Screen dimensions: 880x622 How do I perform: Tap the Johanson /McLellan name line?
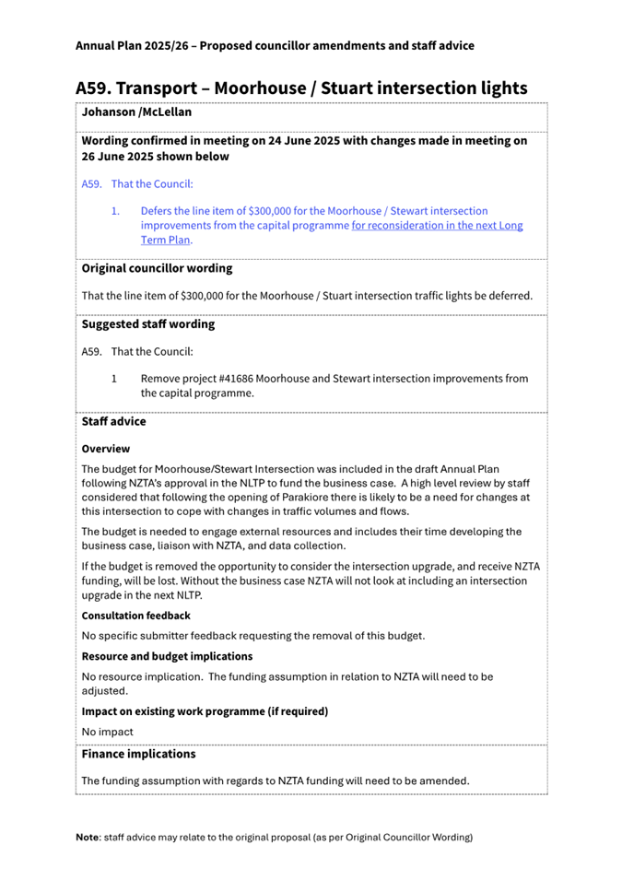click(136, 112)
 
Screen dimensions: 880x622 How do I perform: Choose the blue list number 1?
click(115, 211)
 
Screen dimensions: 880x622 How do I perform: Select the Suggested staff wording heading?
click(148, 323)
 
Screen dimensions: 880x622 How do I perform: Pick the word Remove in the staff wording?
click(160, 378)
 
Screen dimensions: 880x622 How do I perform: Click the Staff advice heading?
click(113, 421)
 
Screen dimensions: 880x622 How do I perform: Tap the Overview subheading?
click(106, 449)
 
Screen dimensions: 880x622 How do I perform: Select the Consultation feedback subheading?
click(135, 615)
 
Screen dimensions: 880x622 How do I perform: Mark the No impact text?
click(107, 732)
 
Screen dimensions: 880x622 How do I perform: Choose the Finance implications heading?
click(138, 754)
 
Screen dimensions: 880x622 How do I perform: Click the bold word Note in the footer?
click(88, 837)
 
